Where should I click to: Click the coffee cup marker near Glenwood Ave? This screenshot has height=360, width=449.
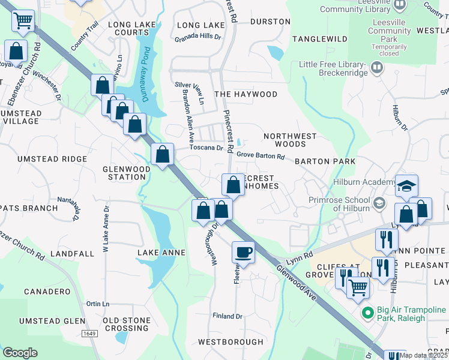pyautogui.click(x=243, y=251)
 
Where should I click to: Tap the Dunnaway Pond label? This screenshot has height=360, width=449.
pyautogui.click(x=145, y=64)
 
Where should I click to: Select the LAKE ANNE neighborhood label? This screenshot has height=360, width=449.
pyautogui.click(x=161, y=253)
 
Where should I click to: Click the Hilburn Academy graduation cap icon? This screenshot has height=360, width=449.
pyautogui.click(x=406, y=185)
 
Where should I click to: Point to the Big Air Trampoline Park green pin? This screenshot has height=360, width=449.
pyautogui.click(x=368, y=313)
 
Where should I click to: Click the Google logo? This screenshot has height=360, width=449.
pyautogui.click(x=20, y=353)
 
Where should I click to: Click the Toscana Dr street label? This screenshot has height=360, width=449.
pyautogui.click(x=206, y=148)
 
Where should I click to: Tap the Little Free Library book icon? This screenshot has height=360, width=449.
pyautogui.click(x=377, y=67)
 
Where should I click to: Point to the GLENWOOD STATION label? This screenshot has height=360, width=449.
pyautogui.click(x=127, y=173)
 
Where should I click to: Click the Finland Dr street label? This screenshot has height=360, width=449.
pyautogui.click(x=228, y=316)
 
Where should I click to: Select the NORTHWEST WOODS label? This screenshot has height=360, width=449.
pyautogui.click(x=290, y=140)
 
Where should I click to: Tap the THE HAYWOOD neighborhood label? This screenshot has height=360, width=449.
pyautogui.click(x=246, y=94)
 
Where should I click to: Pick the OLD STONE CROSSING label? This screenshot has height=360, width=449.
pyautogui.click(x=127, y=324)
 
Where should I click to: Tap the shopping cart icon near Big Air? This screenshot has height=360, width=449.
pyautogui.click(x=358, y=287)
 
